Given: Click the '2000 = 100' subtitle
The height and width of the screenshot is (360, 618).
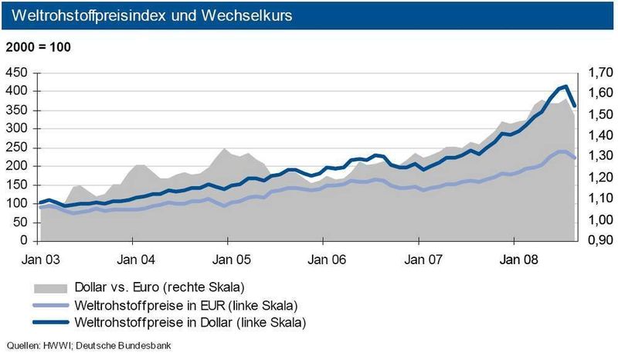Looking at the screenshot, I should tap(38, 47).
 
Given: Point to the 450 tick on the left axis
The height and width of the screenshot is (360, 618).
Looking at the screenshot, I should tap(19, 73).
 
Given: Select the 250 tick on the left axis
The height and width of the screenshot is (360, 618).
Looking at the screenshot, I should tap(19, 148).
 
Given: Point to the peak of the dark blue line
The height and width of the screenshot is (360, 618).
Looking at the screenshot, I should tap(565, 87).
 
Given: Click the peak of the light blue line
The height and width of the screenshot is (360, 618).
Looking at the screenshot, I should tap(561, 151).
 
